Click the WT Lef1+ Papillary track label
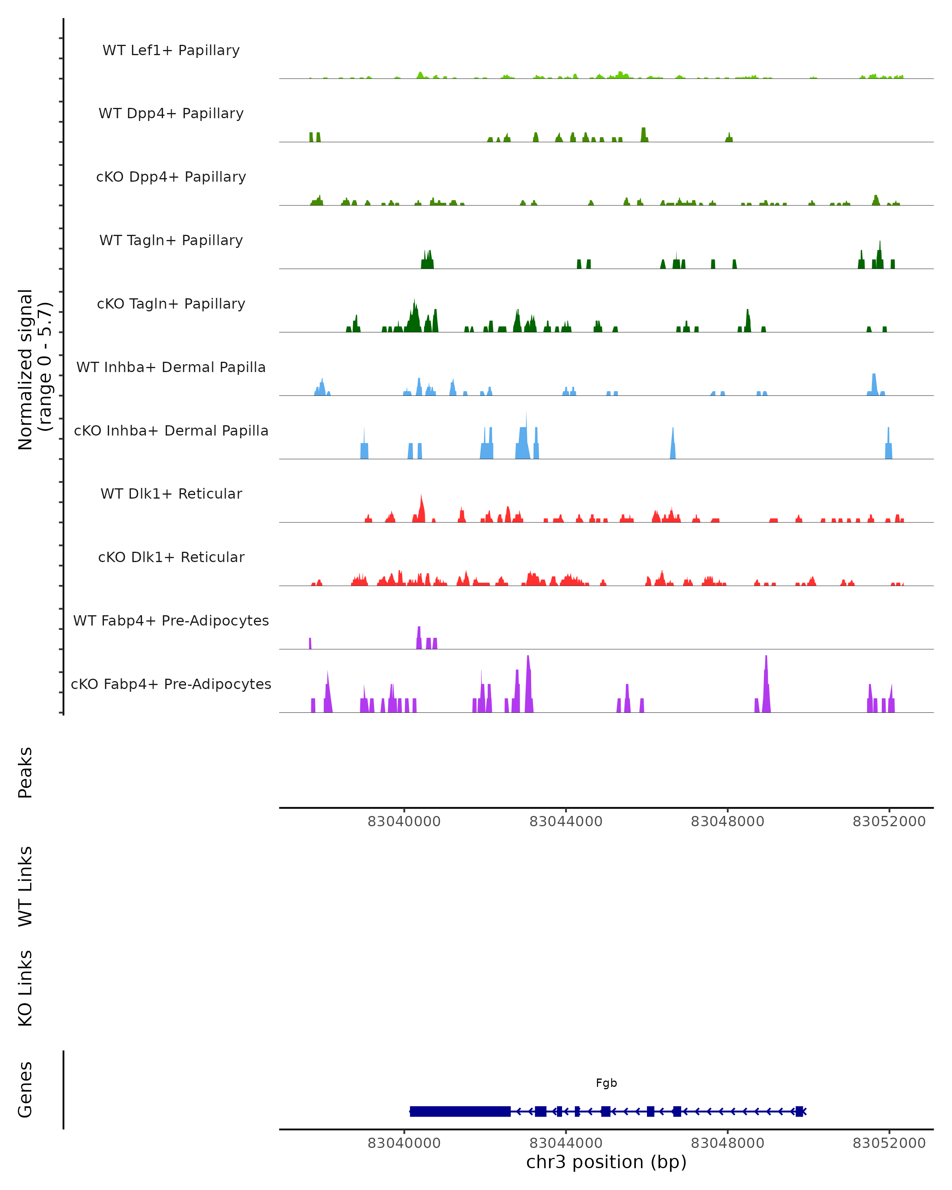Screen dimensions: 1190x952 (x=171, y=50)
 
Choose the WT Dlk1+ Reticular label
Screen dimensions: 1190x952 (x=171, y=493)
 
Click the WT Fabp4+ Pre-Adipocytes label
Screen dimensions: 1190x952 (x=171, y=620)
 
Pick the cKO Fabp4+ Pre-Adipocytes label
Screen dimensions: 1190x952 (x=171, y=684)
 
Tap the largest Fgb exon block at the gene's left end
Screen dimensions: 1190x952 (x=460, y=1111)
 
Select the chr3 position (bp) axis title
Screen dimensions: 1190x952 (x=606, y=1161)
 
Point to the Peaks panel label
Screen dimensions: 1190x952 (x=25, y=772)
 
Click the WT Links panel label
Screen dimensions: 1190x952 (x=25, y=886)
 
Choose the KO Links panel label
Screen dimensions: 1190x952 (x=25, y=988)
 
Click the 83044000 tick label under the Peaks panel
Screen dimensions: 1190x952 (x=566, y=821)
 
